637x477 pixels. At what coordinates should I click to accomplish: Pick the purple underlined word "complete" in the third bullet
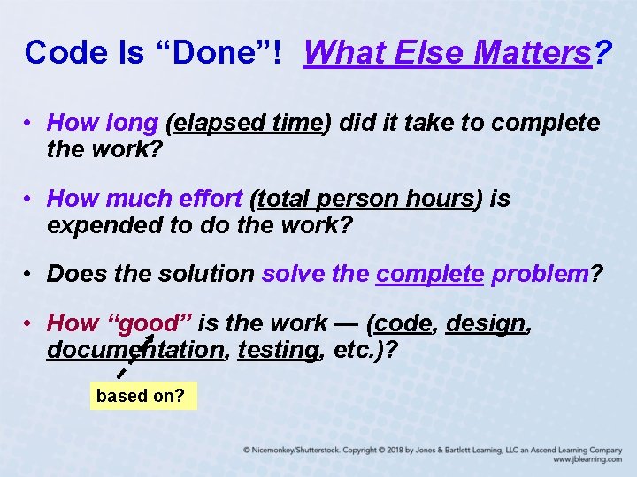(x=429, y=274)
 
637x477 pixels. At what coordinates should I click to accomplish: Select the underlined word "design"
(x=486, y=324)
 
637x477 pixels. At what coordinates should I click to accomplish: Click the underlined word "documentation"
(x=134, y=350)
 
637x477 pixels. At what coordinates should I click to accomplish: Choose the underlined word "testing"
(x=277, y=350)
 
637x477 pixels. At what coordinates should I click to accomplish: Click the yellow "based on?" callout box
(x=142, y=396)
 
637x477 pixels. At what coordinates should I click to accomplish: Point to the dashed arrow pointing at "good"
(x=134, y=358)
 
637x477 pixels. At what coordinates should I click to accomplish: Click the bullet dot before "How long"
(x=30, y=124)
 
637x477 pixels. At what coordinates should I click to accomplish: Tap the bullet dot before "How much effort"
(x=30, y=200)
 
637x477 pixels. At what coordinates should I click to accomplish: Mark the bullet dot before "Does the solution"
(x=30, y=275)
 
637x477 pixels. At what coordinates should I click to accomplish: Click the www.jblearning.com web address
(x=587, y=460)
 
